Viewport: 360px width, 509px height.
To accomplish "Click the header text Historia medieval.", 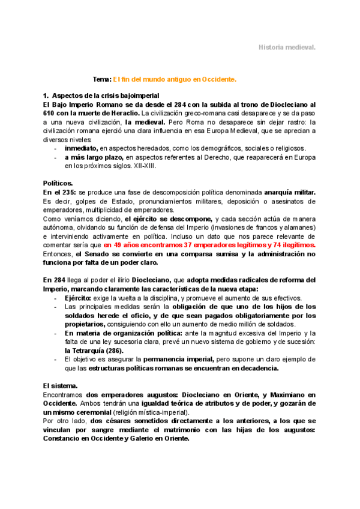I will pos(287,47).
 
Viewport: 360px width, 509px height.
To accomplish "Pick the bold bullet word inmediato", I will pos(82,147).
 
